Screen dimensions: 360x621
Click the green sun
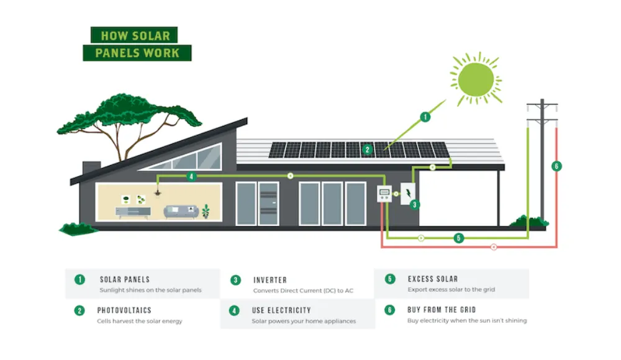pyautogui.click(x=476, y=79)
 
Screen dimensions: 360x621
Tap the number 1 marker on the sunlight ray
pyautogui.click(x=425, y=116)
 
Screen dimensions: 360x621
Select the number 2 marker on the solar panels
pyautogui.click(x=367, y=149)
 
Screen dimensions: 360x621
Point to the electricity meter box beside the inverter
pyautogui.click(x=385, y=195)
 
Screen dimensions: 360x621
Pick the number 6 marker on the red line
pyautogui.click(x=556, y=166)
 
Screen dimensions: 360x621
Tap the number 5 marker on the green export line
pyautogui.click(x=458, y=238)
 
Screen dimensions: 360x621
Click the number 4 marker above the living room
pyautogui.click(x=191, y=176)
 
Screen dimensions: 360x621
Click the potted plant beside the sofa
pyautogui.click(x=206, y=211)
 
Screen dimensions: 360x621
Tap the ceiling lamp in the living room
pyautogui.click(x=158, y=194)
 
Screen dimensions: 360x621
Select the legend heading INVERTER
pyautogui.click(x=270, y=280)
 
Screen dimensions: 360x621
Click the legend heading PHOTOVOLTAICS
pyautogui.click(x=124, y=310)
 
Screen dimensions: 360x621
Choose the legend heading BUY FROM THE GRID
pyautogui.click(x=442, y=309)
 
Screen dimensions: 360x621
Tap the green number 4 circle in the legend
pyautogui.click(x=235, y=310)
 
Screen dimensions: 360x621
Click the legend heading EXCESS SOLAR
pyautogui.click(x=433, y=279)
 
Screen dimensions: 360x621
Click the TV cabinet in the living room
pyautogui.click(x=133, y=211)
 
